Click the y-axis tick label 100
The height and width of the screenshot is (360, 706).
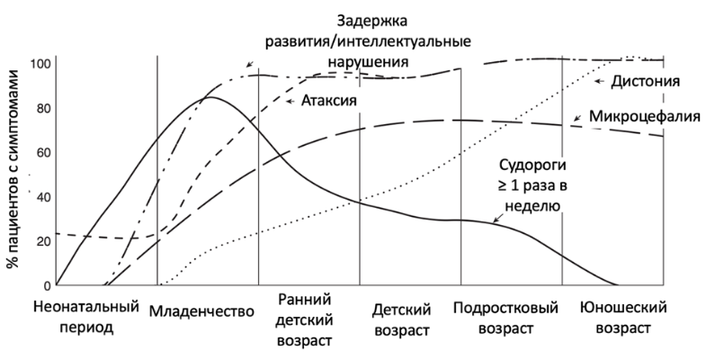coord(40,64)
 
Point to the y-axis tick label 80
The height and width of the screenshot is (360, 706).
coord(44,109)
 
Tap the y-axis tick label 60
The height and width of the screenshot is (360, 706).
coord(44,153)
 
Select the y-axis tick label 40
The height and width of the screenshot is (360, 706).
coord(44,197)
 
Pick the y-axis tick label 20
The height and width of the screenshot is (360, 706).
coord(44,241)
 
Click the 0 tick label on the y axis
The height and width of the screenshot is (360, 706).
coord(48,285)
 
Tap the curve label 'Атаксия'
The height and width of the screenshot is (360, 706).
coord(328,101)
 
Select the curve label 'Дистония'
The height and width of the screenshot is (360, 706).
coord(645,82)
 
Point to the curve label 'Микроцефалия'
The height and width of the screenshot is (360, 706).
coord(645,116)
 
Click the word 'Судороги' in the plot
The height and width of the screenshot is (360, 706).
coord(532,166)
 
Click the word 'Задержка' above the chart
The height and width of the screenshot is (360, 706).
coord(372,21)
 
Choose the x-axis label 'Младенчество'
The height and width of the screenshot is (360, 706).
coord(201,311)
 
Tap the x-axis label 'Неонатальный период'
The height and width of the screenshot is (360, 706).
coord(86,317)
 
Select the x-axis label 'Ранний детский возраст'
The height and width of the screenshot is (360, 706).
coord(304,319)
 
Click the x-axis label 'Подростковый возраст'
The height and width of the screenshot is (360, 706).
coord(505,318)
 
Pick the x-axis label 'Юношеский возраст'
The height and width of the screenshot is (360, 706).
coord(623,318)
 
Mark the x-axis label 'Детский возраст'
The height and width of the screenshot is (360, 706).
coord(402,319)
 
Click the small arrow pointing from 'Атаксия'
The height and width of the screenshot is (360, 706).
coord(290,101)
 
